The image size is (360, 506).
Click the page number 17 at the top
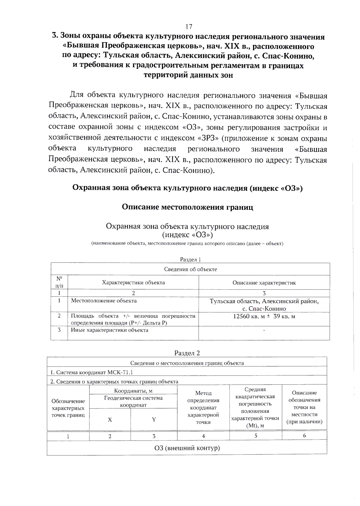pyautogui.click(x=189, y=27)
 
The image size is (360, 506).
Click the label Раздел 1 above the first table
pyautogui.click(x=190, y=260)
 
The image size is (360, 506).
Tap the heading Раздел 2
pyautogui.click(x=187, y=353)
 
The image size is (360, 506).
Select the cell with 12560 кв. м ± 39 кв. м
pyautogui.click(x=264, y=317)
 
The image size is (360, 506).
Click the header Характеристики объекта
pyautogui.click(x=133, y=282)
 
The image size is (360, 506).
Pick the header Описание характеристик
pyautogui.click(x=264, y=283)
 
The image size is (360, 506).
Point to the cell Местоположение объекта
pyautogui.click(x=104, y=301)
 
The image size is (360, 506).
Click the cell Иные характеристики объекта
pyautogui.click(x=109, y=330)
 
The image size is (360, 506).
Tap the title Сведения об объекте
pyautogui.click(x=190, y=269)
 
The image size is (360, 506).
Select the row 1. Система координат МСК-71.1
pyautogui.click(x=91, y=372)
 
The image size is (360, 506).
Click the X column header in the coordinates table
pyautogui.click(x=110, y=420)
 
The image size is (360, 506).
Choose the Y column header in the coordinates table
pyautogui.click(x=154, y=420)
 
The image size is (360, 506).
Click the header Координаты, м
pyautogui.click(x=133, y=391)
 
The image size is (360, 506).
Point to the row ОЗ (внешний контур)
pyautogui.click(x=187, y=448)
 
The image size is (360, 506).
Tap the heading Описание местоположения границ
pyautogui.click(x=187, y=207)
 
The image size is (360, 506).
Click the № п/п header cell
pyautogui.click(x=59, y=282)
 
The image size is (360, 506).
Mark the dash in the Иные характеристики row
pyautogui.click(x=264, y=330)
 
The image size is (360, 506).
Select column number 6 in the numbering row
pyautogui.click(x=304, y=436)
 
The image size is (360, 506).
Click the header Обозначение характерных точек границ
pyautogui.click(x=68, y=408)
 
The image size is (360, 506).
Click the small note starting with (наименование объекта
pyautogui.click(x=187, y=243)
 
